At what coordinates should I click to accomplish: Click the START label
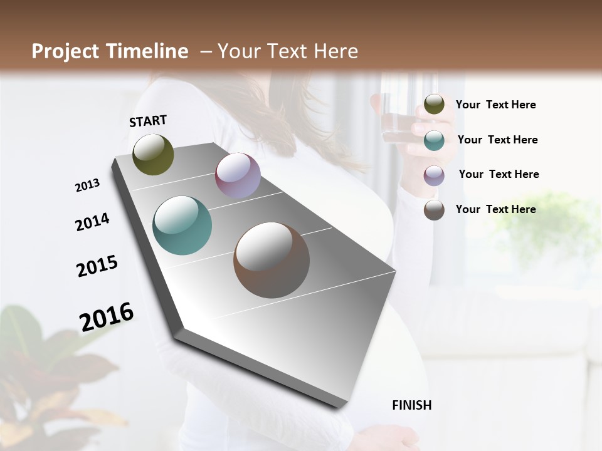point(148,121)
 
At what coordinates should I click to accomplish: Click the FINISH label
point(411,405)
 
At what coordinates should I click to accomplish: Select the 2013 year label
point(87,185)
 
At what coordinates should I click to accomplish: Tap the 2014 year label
point(92,222)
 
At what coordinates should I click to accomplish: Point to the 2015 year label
point(97,266)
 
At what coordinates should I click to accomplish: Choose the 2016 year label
point(107,316)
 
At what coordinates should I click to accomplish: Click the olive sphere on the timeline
point(153,154)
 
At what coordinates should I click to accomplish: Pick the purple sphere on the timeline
point(238,175)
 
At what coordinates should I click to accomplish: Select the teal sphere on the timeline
point(182,225)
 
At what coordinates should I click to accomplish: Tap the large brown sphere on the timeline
point(272,260)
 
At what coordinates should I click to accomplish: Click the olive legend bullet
point(434,105)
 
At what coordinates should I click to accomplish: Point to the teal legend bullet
point(434,140)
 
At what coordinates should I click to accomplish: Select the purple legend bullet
point(434,175)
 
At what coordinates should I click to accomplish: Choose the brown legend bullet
point(434,210)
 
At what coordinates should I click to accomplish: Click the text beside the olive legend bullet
point(495,105)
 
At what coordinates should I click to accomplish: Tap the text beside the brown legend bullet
point(495,209)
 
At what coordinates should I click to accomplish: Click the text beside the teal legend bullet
point(497,140)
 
